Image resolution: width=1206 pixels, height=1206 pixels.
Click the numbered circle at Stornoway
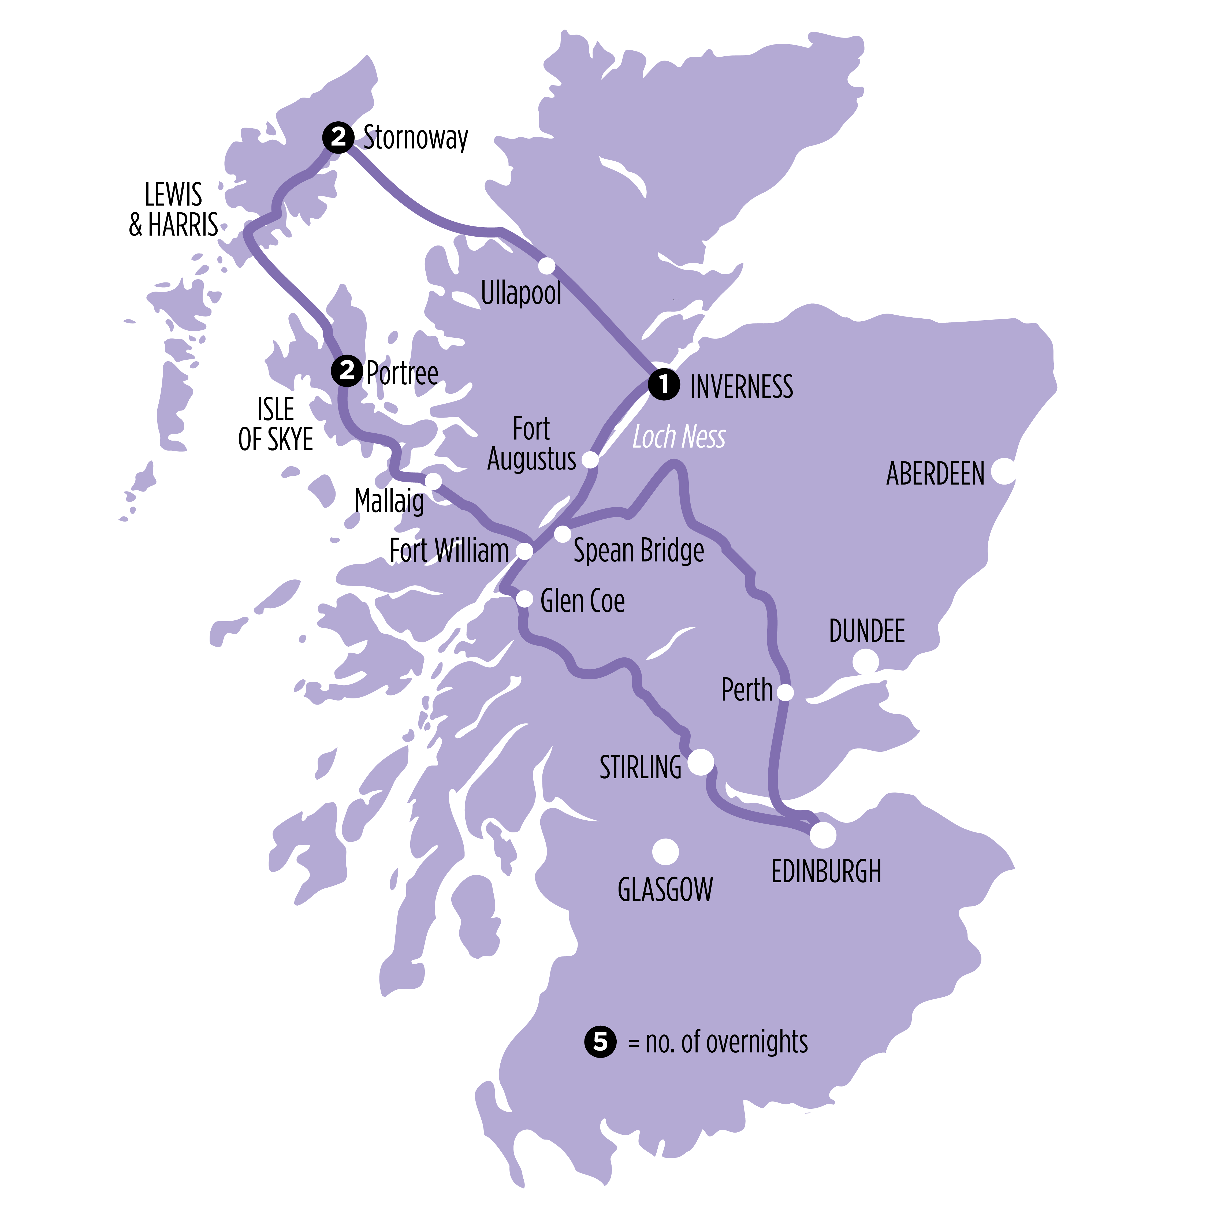pyautogui.click(x=338, y=137)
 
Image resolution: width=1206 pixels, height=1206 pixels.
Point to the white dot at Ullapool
pyautogui.click(x=547, y=266)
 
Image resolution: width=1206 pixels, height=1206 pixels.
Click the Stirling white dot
pyautogui.click(x=700, y=762)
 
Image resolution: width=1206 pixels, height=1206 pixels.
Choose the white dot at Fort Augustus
pyautogui.click(x=590, y=460)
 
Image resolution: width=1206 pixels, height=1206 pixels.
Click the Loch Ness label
pyautogui.click(x=679, y=437)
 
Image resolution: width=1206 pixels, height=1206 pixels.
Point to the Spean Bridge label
pyautogui.click(x=639, y=550)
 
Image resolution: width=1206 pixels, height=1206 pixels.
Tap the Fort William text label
pyautogui.click(x=449, y=550)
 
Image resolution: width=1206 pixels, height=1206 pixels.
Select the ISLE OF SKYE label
pyautogui.click(x=275, y=425)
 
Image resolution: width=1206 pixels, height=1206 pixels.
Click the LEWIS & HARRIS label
pyautogui.click(x=174, y=210)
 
